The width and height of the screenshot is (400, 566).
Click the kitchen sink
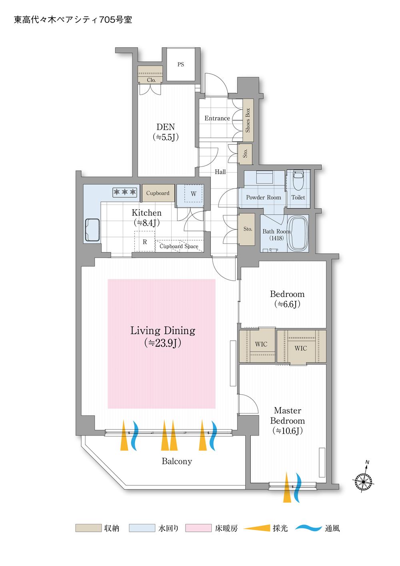coord(92,230)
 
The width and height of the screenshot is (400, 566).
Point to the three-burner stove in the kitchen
coord(125,192)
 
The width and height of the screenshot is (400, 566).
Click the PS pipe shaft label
coord(180,64)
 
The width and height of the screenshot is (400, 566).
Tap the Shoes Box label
coord(248,120)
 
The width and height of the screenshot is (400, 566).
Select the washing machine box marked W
coord(194,194)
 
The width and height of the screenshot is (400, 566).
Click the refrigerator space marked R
coord(145,241)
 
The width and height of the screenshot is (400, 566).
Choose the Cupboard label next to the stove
coord(158,193)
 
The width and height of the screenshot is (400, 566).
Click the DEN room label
coord(166,127)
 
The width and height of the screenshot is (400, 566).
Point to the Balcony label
coord(177,462)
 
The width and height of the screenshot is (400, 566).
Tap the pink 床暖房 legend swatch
coord(198,528)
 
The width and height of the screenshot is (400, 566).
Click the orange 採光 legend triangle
coord(257,528)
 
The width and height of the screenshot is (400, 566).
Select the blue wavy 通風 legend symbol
coord(308,528)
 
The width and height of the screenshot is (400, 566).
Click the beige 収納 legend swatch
coord(88,528)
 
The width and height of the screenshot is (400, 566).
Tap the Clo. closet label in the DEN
coord(151,80)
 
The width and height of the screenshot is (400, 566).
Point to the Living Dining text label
coord(163,331)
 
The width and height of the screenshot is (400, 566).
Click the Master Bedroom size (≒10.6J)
coord(287,431)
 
